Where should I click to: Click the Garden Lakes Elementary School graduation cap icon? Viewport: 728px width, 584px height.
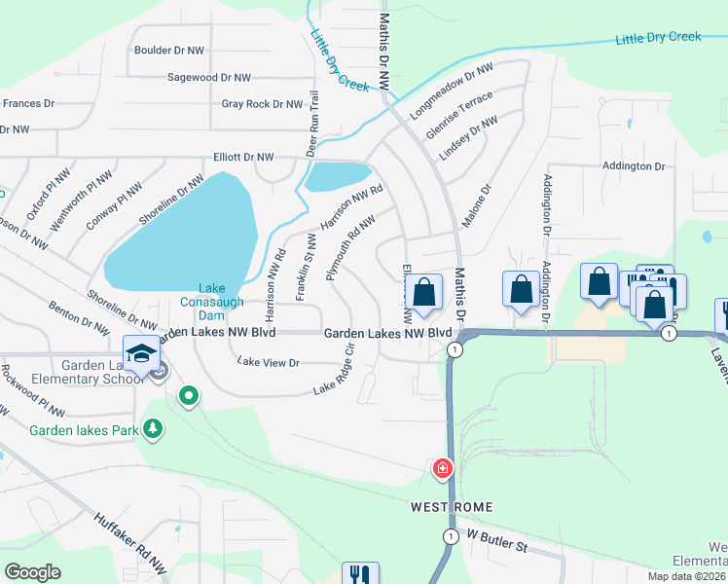(x=141, y=352)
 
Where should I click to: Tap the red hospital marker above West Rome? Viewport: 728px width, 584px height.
(x=443, y=470)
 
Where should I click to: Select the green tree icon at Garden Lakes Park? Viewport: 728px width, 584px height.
(x=152, y=428)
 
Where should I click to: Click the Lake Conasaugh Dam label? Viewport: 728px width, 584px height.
(x=212, y=303)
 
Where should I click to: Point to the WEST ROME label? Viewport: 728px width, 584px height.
(x=452, y=507)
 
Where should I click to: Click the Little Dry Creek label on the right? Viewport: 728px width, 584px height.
(x=658, y=38)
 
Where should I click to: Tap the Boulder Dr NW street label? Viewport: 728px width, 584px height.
(x=169, y=50)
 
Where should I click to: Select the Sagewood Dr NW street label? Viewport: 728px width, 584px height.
(x=208, y=77)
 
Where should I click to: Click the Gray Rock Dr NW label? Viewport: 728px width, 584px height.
(x=262, y=104)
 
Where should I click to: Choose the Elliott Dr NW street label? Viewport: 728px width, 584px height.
(x=243, y=156)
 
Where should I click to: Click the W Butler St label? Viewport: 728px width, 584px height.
(x=497, y=540)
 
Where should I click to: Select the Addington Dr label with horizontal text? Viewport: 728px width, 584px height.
(x=633, y=166)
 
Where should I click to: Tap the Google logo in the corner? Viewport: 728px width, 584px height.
(x=32, y=571)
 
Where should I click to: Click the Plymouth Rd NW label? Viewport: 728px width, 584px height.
(x=350, y=248)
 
